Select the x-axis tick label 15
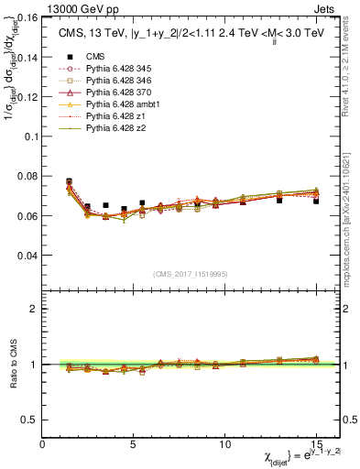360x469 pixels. tap(316, 444)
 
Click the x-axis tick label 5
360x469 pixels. tap(134, 444)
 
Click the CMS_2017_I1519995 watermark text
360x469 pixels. tap(190, 273)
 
